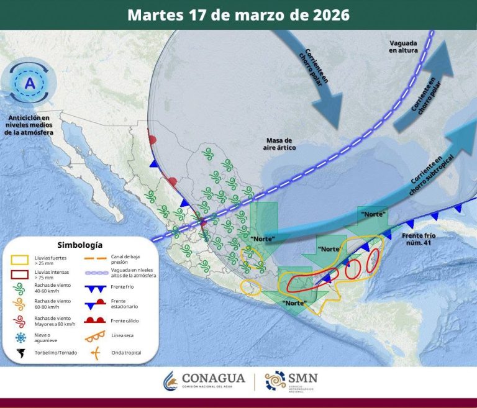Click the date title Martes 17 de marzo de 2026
click(x=238, y=15)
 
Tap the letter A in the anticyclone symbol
click(x=29, y=83)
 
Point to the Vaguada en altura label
click(x=404, y=46)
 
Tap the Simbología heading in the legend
click(x=79, y=245)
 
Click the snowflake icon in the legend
click(x=20, y=337)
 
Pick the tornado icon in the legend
click(x=20, y=353)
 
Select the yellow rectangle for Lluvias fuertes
click(x=20, y=258)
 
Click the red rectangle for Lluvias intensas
click(x=20, y=274)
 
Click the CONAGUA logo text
click(x=214, y=378)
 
